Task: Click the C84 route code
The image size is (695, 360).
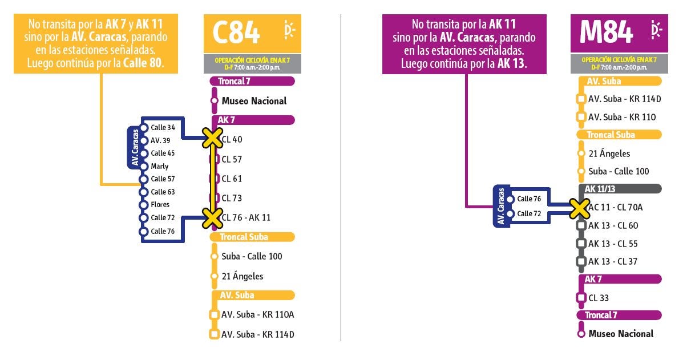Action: [x=236, y=33]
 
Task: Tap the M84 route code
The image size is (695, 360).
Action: [x=605, y=33]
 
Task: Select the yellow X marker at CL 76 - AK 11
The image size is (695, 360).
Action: [x=212, y=218]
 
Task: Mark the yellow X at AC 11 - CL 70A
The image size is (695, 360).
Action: [x=579, y=208]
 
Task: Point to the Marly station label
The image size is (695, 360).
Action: [x=159, y=166]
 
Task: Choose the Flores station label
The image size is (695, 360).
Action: [x=160, y=204]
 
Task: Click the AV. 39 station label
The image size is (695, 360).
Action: [x=160, y=140]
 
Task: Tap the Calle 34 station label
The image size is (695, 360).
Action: [x=163, y=127]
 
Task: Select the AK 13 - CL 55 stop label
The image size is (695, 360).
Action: [x=613, y=244]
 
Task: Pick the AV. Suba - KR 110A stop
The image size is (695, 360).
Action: [x=257, y=315]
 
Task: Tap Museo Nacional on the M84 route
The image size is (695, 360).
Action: [x=621, y=334]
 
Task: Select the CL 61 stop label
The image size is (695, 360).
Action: [x=232, y=179]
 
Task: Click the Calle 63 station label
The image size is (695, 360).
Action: [x=163, y=192]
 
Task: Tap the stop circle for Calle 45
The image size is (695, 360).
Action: [x=144, y=153]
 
